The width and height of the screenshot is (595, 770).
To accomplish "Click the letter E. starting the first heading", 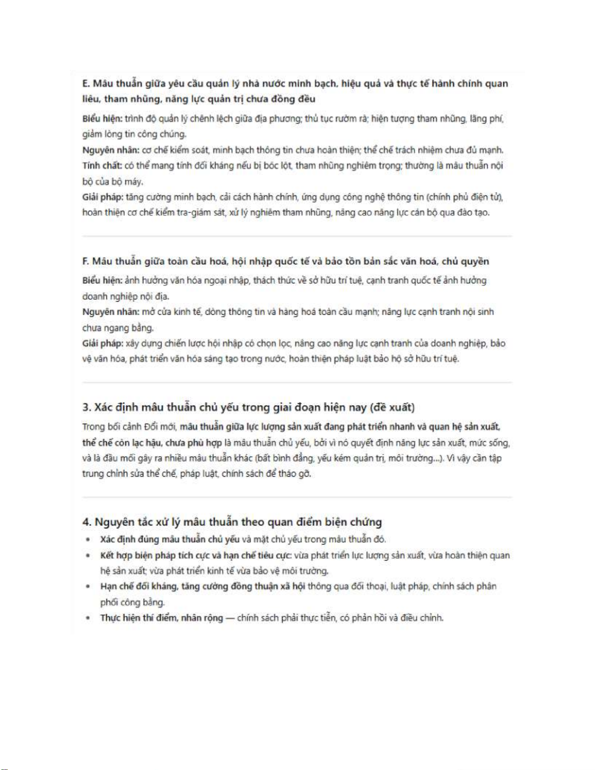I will [86, 84].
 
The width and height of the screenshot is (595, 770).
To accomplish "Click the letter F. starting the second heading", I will [86, 261].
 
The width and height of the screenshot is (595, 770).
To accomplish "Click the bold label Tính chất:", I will [102, 166].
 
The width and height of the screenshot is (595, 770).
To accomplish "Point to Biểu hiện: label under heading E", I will [102, 119].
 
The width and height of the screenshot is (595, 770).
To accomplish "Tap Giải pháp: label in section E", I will [102, 197].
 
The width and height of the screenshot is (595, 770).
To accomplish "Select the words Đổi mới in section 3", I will [159, 427].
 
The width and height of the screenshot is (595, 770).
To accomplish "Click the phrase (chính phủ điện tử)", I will [465, 197].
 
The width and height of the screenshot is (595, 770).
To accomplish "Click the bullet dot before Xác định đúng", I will [88, 539].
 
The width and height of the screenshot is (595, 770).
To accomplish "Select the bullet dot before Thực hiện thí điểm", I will [88, 618].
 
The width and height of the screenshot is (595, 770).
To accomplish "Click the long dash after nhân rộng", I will [230, 618].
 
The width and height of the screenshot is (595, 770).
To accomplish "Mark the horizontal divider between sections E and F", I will [297, 237].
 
